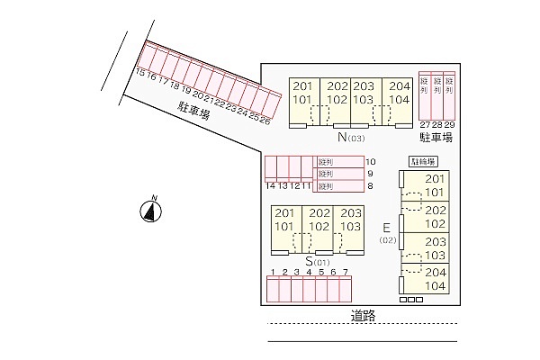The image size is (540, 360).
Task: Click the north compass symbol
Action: click(x=152, y=211)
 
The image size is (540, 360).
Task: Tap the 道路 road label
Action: click(x=363, y=316)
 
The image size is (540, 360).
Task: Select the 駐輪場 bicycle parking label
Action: click(x=423, y=162)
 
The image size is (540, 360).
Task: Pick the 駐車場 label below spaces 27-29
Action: click(x=436, y=138)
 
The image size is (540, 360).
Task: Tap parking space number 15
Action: click(x=139, y=74)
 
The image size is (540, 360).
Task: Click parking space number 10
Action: click(x=369, y=162)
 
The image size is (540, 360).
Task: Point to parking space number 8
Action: click(x=369, y=186)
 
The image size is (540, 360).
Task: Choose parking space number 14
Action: click(x=270, y=185)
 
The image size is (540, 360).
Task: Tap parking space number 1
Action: click(x=273, y=272)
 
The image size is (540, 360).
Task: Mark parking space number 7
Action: click(x=345, y=272)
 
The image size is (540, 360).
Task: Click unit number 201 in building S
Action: click(x=284, y=213)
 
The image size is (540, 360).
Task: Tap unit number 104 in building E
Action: click(x=435, y=286)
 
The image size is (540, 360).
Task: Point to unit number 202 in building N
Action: click(x=337, y=86)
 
